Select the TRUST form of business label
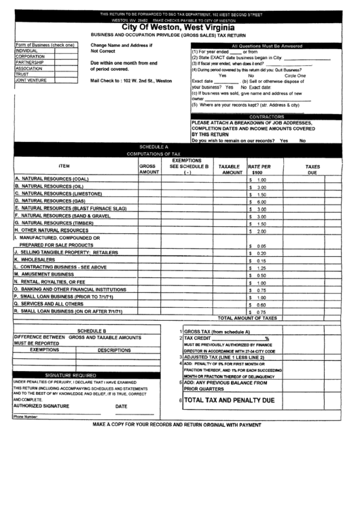pos(22,74)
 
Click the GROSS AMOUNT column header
pos(149,169)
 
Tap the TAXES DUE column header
pos(312,169)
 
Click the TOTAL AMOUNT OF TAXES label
pos(247,317)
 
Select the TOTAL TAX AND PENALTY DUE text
pos(229,401)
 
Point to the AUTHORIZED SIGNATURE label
pos(41,406)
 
